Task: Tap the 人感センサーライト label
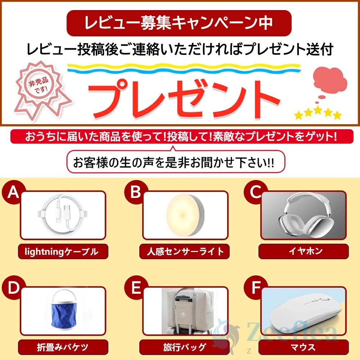[x=184, y=252]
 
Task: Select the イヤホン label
[x=303, y=252]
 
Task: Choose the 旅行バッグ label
[x=184, y=347]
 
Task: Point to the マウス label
[x=303, y=347]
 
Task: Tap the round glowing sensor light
[x=185, y=215]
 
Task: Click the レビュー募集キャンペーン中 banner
[x=179, y=23]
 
